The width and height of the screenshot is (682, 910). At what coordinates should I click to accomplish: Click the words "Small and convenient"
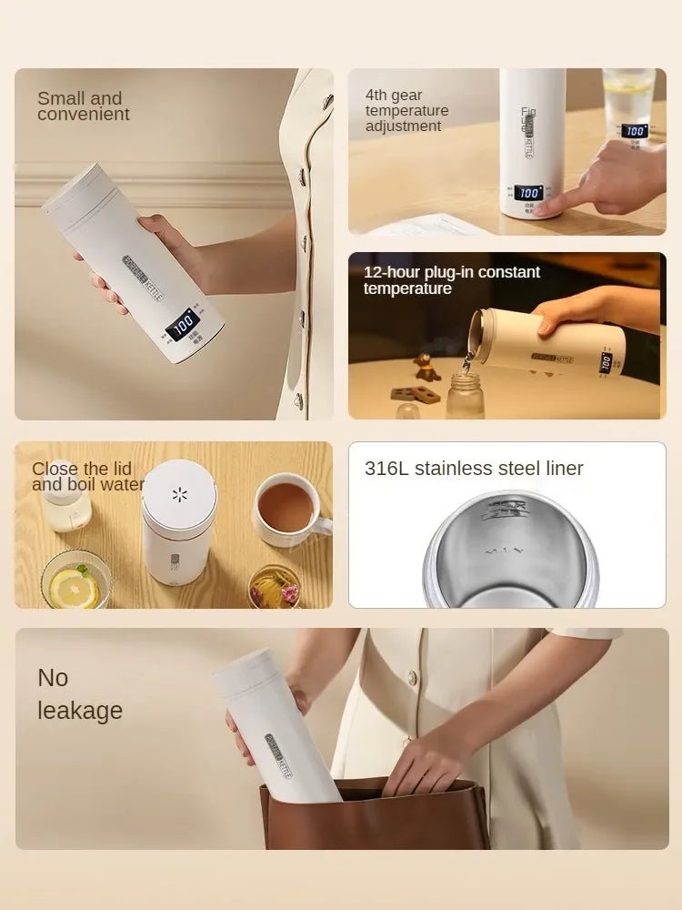[83, 106]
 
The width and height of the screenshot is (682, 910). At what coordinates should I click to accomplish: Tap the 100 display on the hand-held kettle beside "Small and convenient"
[184, 324]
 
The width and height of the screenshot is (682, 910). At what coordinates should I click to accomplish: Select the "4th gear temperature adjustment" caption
[406, 110]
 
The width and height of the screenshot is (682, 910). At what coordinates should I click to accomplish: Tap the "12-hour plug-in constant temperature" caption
[451, 280]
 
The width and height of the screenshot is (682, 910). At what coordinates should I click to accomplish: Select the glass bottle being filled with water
[465, 393]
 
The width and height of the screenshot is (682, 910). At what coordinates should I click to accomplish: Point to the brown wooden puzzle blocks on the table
[415, 395]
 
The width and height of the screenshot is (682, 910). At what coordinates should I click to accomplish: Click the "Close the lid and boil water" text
[87, 476]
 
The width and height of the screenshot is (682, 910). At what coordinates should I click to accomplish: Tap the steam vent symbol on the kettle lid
[179, 494]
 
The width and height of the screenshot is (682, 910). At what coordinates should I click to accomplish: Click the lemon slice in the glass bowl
[75, 588]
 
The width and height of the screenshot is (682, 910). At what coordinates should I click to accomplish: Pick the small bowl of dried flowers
[274, 587]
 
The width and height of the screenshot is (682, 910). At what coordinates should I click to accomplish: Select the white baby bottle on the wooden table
[67, 505]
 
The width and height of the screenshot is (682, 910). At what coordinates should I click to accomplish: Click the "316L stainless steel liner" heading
[473, 469]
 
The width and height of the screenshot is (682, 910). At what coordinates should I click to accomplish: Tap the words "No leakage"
[79, 693]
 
